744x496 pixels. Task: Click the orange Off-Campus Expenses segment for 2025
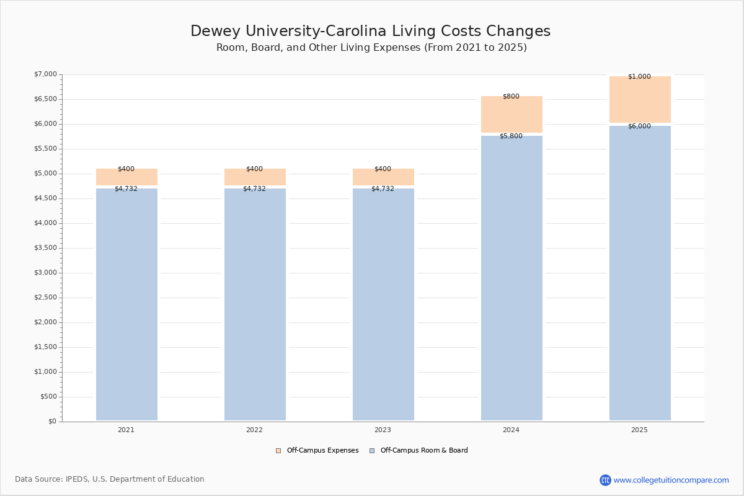640,99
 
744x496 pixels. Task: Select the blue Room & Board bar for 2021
126,304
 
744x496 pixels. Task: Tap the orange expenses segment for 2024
511,114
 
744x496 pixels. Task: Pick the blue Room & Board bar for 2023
383,304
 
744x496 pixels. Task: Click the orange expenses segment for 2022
255,177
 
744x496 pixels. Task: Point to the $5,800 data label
511,136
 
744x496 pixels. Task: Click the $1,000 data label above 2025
639,76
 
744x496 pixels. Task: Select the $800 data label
511,96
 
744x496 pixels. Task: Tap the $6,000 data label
639,126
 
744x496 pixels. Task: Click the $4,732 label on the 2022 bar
254,188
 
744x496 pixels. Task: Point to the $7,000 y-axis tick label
45,74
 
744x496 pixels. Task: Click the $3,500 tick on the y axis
45,248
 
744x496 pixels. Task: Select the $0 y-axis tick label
53,421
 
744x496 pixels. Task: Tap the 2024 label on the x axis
511,430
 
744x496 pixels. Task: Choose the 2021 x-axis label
126,430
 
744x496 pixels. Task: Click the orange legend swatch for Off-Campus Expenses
278,451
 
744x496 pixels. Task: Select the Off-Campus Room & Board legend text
424,451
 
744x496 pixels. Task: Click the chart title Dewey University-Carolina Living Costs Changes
370,31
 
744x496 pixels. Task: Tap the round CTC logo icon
605,480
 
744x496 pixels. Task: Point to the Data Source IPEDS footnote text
110,479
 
